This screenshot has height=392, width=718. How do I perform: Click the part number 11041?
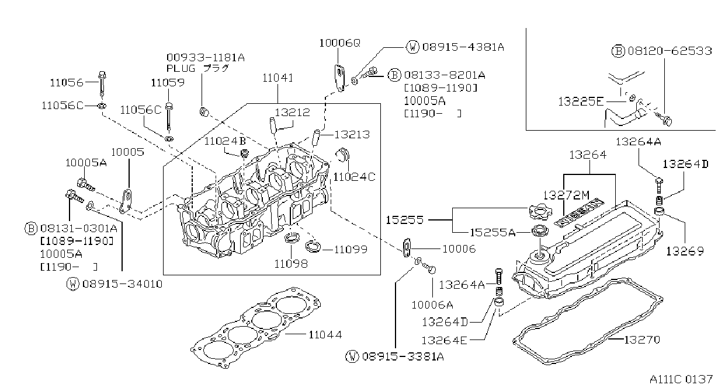(x=278, y=78)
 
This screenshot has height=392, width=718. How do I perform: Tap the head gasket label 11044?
(x=325, y=335)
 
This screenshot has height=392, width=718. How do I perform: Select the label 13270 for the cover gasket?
(x=642, y=339)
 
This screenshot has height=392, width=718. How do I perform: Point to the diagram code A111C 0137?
(x=681, y=379)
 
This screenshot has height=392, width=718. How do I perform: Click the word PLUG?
(x=181, y=68)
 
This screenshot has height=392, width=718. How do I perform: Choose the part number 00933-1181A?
(x=206, y=58)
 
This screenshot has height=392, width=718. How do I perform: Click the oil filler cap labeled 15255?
(x=540, y=212)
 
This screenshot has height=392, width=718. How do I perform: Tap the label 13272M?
(x=566, y=195)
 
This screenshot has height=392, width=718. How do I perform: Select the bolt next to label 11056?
(x=102, y=83)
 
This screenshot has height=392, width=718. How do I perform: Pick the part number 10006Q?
(x=339, y=43)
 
